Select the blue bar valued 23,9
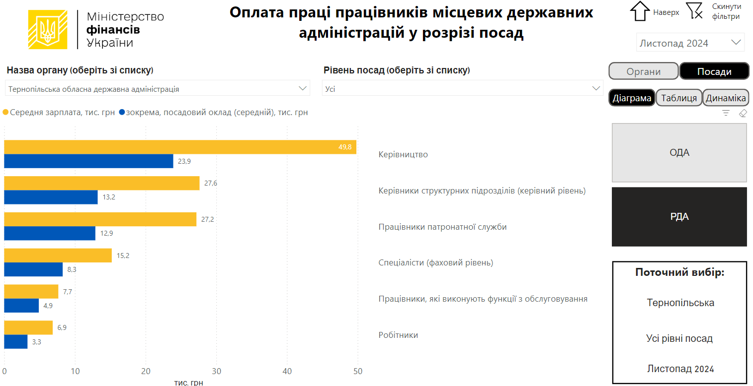pos(88,161)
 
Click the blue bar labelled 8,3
pos(33,269)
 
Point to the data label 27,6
pos(211,183)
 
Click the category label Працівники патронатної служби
pos(442,227)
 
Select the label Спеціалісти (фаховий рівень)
pos(435,262)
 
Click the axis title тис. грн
pos(188,383)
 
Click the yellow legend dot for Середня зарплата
pos(6,113)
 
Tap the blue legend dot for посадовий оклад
pos(122,113)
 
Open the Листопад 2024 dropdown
pos(690,43)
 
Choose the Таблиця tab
pos(679,98)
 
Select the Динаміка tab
pos(726,98)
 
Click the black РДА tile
pos(679,216)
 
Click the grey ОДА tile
pos(679,153)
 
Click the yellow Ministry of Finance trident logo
pos(48,30)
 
